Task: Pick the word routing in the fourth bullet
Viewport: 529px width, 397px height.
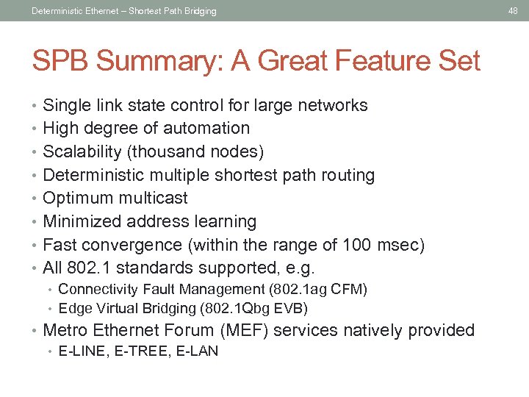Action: (x=348, y=175)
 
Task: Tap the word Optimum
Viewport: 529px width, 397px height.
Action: (x=76, y=198)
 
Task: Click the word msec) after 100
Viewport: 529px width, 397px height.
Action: (x=400, y=245)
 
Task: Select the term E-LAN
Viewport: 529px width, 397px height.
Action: (x=196, y=351)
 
